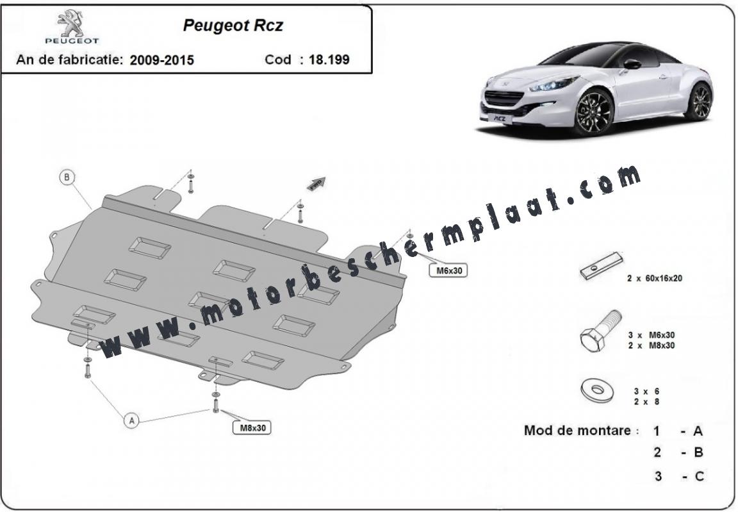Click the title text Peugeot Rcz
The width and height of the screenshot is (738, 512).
233,26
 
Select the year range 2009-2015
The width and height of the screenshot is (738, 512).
162,60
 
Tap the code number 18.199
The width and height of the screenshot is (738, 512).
329,60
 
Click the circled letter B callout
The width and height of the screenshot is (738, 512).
67,178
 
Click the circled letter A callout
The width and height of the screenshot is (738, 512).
131,420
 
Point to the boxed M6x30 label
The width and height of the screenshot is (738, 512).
448,270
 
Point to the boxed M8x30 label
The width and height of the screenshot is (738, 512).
253,428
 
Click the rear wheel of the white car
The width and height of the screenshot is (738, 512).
700,101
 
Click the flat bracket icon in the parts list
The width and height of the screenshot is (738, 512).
602,265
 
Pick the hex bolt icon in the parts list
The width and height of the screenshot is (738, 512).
601,331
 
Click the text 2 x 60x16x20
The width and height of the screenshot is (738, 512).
655,278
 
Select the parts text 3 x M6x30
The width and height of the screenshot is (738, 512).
652,335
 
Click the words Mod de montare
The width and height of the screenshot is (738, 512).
577,431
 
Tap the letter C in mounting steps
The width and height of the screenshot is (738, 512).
700,476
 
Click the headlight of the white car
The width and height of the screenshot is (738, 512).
547,85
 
